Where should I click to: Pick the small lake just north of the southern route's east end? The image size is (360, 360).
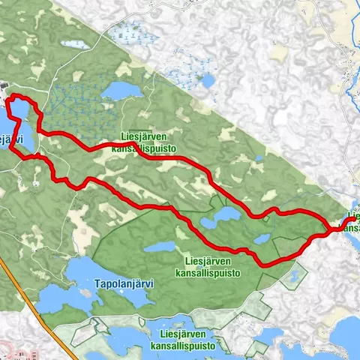pos(262,239)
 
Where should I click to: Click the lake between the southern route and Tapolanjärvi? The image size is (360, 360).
pos(159,246)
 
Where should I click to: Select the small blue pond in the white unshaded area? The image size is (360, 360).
pos(259,159)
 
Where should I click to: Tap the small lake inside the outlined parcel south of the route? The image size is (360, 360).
pos(291,278)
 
